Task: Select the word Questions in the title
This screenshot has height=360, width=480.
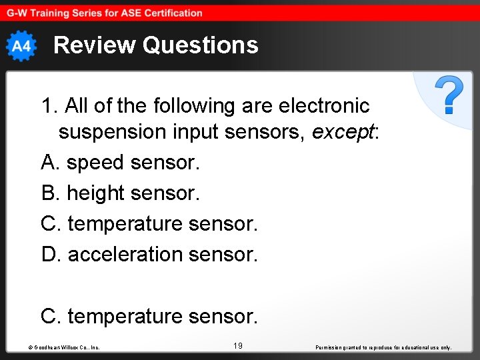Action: coord(200,45)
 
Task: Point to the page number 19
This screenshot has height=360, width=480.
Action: coord(238,345)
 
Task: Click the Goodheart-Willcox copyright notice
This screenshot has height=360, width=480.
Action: coord(64,347)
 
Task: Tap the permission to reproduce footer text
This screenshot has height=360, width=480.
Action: coord(383,347)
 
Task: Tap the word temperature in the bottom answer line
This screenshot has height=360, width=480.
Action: coord(125,316)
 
